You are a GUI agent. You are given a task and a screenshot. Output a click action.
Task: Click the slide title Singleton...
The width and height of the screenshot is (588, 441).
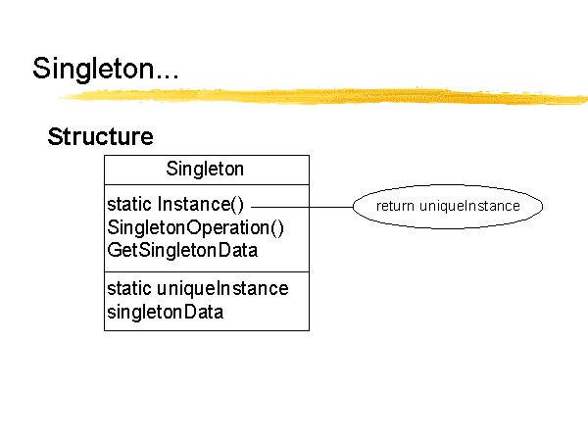click(106, 69)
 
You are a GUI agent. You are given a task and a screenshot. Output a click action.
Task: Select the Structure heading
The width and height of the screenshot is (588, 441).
click(101, 136)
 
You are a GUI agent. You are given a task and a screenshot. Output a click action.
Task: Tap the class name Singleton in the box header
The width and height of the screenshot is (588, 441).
click(205, 169)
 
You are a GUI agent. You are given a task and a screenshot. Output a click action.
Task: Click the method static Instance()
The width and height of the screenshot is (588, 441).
click(175, 205)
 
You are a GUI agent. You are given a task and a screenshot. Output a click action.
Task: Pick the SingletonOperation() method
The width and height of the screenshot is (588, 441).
click(195, 227)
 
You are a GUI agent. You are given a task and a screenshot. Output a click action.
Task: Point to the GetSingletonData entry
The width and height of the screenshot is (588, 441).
click(182, 251)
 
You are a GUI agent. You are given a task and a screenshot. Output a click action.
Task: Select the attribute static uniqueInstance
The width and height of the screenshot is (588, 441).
click(198, 288)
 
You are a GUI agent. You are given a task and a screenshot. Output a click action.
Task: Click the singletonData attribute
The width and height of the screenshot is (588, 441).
click(165, 312)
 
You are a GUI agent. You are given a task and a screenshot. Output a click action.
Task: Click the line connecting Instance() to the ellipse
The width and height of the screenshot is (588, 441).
click(302, 207)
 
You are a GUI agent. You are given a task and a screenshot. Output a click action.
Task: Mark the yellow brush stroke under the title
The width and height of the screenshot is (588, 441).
click(322, 96)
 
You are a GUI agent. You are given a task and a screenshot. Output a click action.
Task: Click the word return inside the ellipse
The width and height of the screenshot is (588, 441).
click(395, 206)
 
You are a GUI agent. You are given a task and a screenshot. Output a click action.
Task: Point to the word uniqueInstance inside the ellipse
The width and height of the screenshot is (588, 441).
click(469, 206)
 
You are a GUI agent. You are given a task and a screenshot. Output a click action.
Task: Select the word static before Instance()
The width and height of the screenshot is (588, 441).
click(129, 205)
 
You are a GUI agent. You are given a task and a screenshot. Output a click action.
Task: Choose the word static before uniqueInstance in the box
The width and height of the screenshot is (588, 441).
click(129, 288)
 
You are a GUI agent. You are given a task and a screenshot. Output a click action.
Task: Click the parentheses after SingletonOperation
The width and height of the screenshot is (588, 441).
click(276, 228)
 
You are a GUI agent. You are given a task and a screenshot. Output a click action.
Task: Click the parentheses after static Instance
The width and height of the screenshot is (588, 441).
click(237, 205)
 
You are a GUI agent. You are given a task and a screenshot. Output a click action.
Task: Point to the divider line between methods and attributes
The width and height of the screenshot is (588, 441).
click(207, 271)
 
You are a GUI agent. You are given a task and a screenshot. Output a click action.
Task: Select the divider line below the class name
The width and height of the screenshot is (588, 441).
click(207, 184)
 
